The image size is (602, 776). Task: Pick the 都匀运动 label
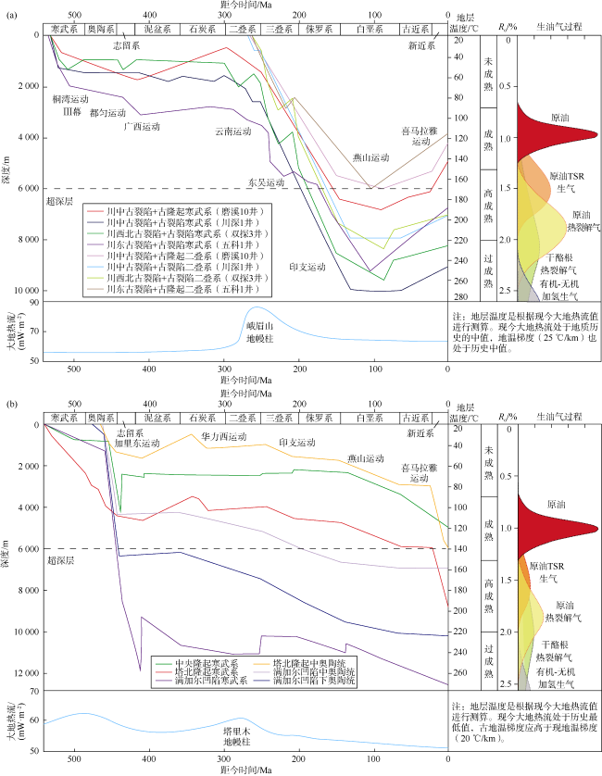[x=107, y=112]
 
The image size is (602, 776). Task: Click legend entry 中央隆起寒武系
[x=206, y=664]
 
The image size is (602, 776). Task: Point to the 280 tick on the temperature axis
[x=458, y=296]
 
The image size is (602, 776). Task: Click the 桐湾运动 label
[x=70, y=98]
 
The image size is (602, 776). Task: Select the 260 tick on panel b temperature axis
[x=458, y=673]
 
